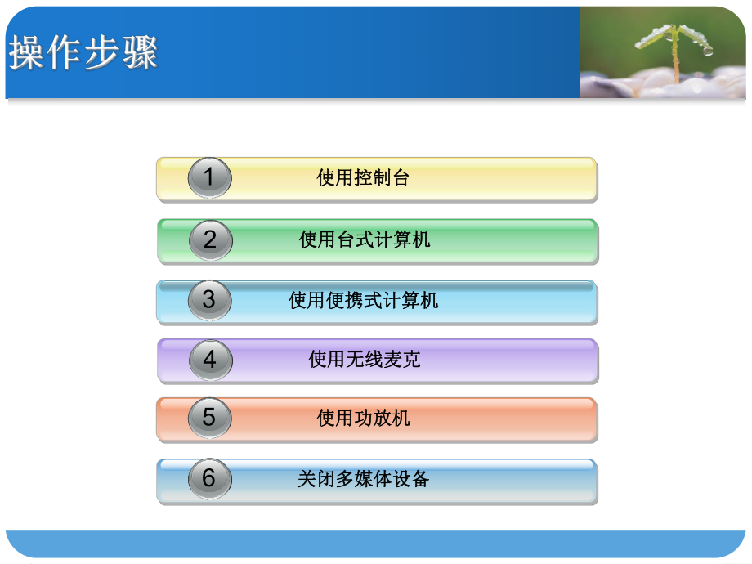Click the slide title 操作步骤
click(x=83, y=53)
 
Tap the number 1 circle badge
click(x=209, y=178)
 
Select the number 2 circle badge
click(x=210, y=240)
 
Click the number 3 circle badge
click(x=209, y=300)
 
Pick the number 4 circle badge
click(x=210, y=360)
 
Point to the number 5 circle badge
click(x=209, y=419)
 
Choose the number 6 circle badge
click(x=209, y=478)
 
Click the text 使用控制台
click(x=363, y=178)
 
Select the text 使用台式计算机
click(x=365, y=239)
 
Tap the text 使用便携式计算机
click(x=364, y=301)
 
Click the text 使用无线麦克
click(x=365, y=360)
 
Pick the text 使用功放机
click(x=363, y=419)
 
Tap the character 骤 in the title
click(x=140, y=53)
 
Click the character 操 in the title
click(x=27, y=53)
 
